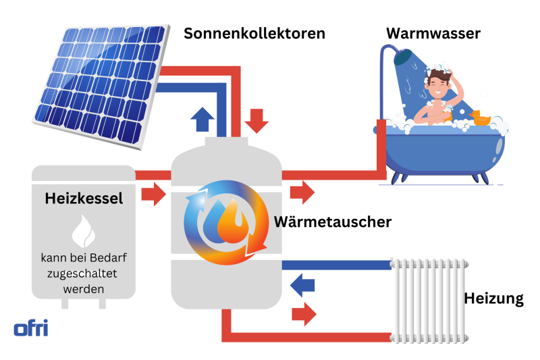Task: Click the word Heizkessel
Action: point(84,199)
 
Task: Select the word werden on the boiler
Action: point(84,288)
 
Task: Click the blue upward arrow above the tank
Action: point(202,119)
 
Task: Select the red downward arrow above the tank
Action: point(256,120)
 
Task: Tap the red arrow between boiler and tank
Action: point(153,194)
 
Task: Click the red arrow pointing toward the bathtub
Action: point(302,192)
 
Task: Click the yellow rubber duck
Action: point(481,118)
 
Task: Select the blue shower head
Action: point(409,68)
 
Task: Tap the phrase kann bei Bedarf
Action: point(84,258)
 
